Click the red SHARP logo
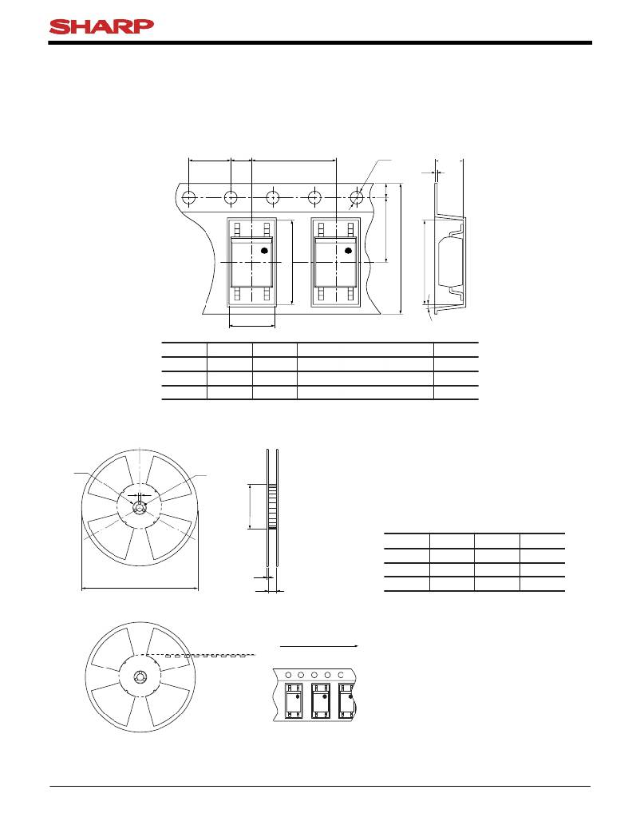click(x=101, y=26)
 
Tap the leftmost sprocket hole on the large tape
click(x=188, y=198)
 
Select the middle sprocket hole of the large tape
click(x=273, y=198)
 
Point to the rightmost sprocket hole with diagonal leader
click(x=357, y=198)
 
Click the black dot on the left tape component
click(x=265, y=250)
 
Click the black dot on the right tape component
click(x=348, y=250)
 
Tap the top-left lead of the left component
click(x=238, y=229)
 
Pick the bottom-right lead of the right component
click(x=350, y=294)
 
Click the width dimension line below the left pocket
click(x=252, y=327)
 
